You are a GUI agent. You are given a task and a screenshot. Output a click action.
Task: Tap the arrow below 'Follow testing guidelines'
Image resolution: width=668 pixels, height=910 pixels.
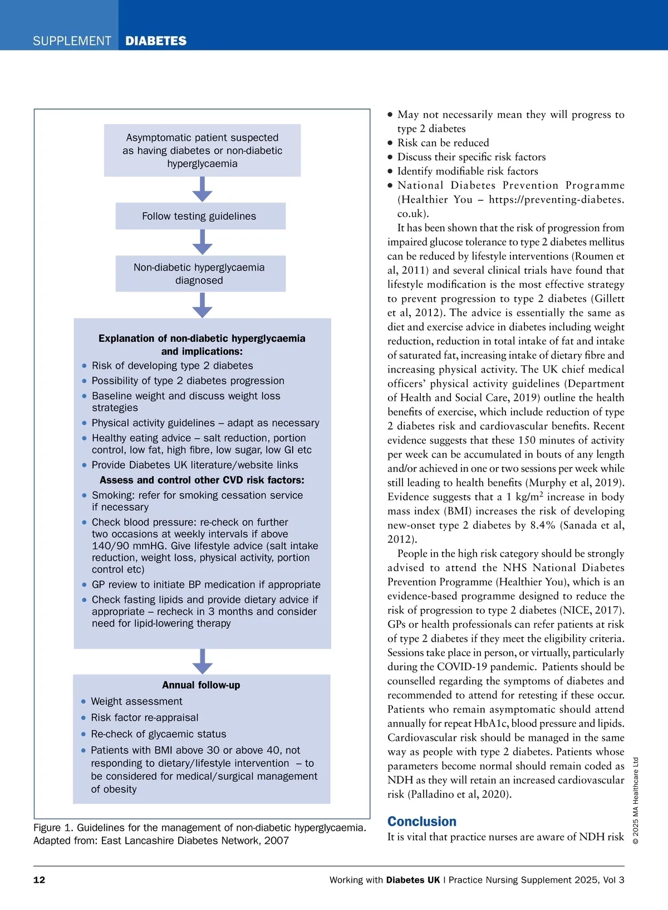(202, 242)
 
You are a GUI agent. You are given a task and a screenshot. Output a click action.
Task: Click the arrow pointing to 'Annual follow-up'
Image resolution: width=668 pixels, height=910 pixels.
(202, 661)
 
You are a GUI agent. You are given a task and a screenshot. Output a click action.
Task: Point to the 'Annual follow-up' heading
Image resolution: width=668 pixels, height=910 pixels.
(201, 685)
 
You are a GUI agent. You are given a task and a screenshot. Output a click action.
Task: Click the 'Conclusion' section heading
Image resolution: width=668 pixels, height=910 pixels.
(421, 822)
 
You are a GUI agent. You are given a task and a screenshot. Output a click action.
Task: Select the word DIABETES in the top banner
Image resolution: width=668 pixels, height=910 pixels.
(156, 41)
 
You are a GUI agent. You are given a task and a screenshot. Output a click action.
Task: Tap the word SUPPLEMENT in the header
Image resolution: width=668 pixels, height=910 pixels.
(72, 41)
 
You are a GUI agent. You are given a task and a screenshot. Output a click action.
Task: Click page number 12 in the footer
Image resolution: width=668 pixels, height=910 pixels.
(40, 880)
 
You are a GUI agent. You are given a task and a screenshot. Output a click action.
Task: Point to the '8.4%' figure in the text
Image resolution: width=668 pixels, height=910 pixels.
(542, 525)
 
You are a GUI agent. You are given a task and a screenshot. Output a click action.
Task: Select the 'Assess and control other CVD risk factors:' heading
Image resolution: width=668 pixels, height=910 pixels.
(202, 480)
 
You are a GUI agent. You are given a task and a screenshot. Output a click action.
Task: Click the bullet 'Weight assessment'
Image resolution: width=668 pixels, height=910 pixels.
(136, 701)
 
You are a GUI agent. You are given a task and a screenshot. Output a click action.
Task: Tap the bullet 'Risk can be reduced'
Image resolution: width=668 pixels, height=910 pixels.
(443, 142)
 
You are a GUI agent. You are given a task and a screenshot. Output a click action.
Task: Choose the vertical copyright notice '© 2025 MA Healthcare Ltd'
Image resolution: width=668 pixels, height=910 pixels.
(636, 800)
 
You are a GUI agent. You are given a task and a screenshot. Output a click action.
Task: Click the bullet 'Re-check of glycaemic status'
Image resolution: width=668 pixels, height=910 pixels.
(159, 734)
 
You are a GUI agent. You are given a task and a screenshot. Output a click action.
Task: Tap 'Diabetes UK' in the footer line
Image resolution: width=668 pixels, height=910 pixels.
(412, 880)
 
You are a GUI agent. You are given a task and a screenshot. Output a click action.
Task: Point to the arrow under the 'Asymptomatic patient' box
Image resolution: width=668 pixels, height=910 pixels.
(202, 189)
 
